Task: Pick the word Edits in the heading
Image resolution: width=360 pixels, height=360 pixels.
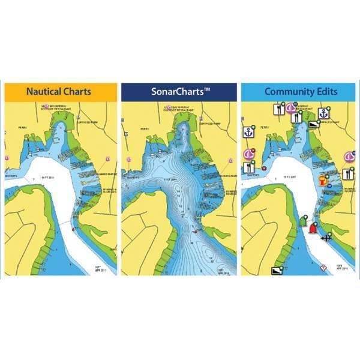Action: tap(327, 92)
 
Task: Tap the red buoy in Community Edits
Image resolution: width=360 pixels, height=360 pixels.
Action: tap(312, 227)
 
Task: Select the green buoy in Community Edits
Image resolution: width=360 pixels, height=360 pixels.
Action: tap(302, 220)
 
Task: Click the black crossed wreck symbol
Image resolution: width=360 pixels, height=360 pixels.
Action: tap(327, 238)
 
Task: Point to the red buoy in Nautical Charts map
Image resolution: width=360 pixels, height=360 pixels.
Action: tap(73, 229)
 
